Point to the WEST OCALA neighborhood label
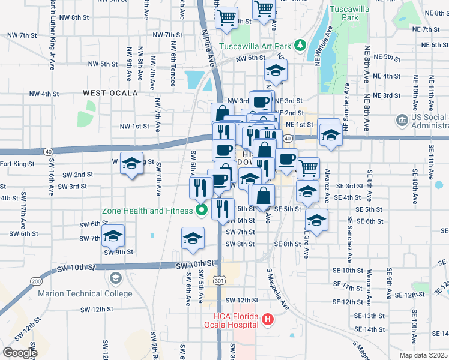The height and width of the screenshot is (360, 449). (110, 93)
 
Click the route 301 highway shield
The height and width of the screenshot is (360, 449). (222, 280)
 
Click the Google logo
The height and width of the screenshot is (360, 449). (20, 353)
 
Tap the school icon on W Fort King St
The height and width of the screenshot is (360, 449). (132, 163)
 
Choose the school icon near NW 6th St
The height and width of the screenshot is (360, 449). (276, 71)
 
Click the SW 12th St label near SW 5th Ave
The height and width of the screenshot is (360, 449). (237, 299)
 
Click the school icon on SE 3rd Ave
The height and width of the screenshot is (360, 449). (316, 219)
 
